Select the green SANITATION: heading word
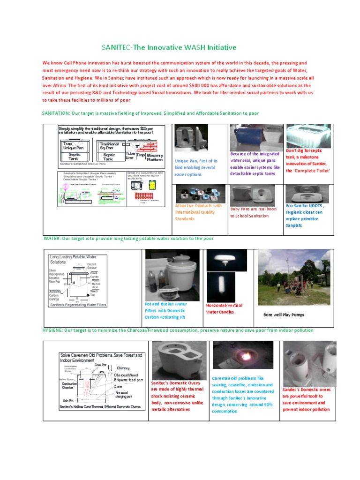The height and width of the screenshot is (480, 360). [55, 113]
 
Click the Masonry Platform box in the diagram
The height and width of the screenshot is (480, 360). [154, 157]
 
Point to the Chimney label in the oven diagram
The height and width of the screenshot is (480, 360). [123, 368]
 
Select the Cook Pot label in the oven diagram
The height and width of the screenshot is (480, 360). [100, 364]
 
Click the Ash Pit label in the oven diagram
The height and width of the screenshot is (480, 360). [67, 400]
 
